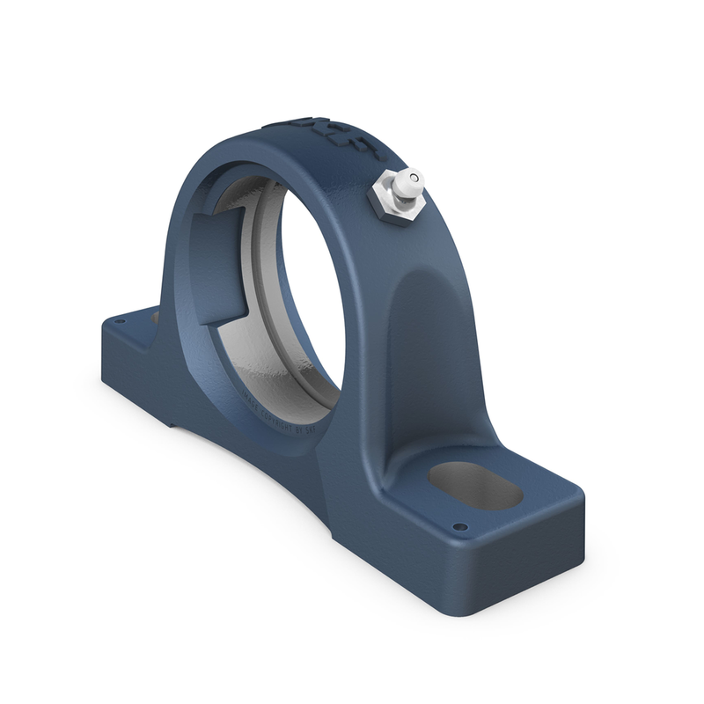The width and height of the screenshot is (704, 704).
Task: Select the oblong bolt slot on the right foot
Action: coord(475,486)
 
